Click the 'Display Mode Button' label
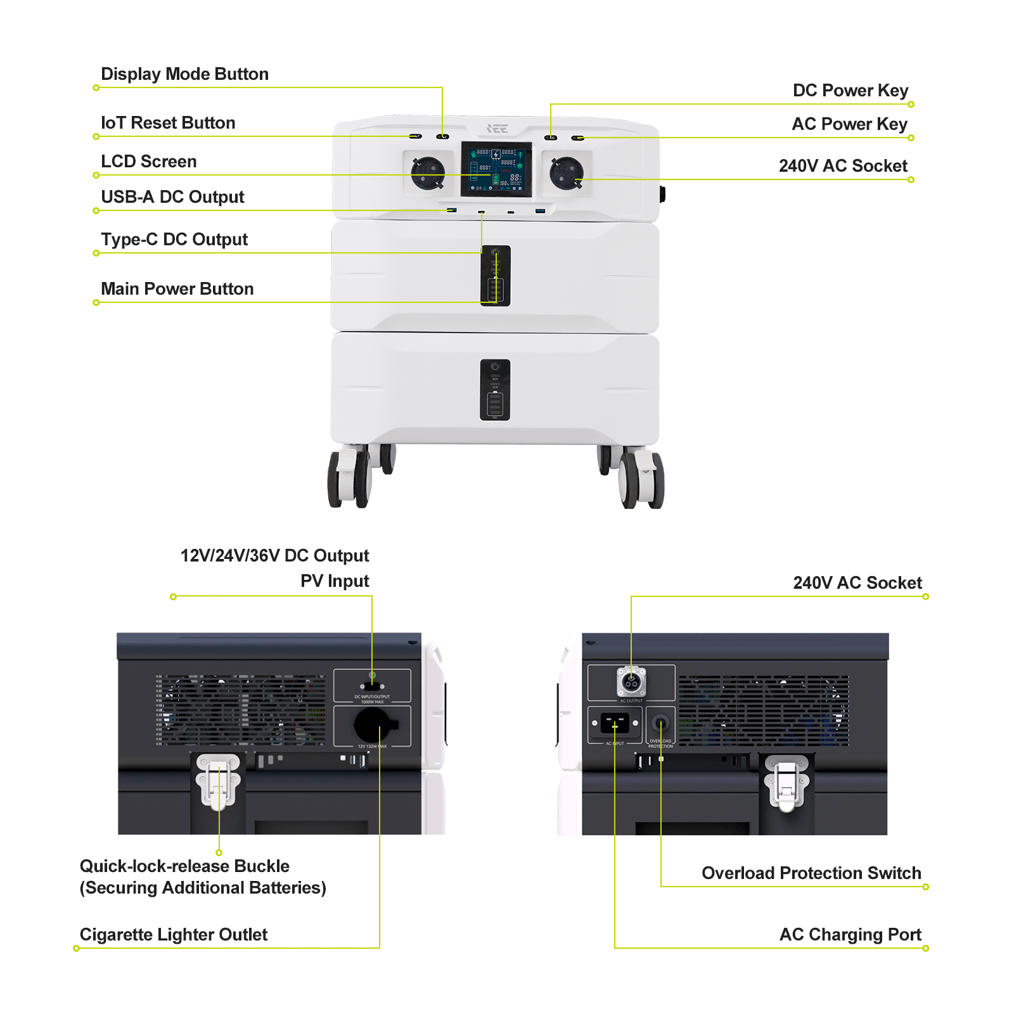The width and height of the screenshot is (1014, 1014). point(184,74)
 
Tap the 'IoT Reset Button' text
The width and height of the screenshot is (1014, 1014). point(168,123)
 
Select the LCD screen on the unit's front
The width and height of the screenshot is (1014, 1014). point(496,169)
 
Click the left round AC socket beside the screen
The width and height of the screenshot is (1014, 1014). point(428,172)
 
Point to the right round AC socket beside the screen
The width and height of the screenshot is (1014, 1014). point(566,172)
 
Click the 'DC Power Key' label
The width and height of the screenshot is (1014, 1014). point(850,91)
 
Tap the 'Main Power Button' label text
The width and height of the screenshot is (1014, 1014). point(177,289)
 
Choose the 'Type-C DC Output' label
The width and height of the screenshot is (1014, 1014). point(174,240)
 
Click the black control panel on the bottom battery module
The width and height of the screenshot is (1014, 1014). point(495,390)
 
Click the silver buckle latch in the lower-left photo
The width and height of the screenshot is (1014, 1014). point(218,781)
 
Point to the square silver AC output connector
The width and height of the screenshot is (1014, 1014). point(631,682)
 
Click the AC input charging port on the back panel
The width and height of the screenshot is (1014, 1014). point(614,722)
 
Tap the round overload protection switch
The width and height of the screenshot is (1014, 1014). point(660,723)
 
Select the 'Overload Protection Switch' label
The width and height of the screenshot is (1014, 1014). point(811,873)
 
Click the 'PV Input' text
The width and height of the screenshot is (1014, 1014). point(335,581)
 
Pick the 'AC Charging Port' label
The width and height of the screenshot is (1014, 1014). point(850,935)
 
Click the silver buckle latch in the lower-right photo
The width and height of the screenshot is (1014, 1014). point(786,783)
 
